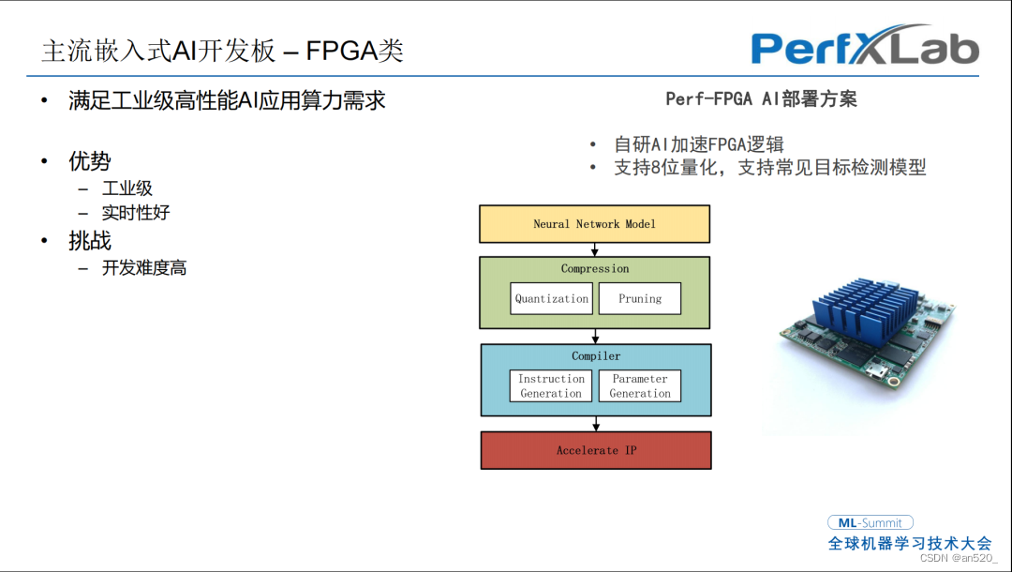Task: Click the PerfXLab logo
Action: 865,46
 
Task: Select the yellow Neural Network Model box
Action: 594,224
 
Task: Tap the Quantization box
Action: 551,298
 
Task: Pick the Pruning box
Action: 640,298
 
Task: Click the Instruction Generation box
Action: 551,386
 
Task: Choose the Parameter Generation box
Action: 640,386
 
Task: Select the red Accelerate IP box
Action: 596,450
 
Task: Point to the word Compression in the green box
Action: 594,268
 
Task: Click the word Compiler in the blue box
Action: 596,355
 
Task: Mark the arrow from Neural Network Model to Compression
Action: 594,249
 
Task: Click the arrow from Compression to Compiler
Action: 595,337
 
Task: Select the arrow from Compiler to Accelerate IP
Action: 596,424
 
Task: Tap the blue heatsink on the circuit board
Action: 866,310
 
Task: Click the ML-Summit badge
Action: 870,523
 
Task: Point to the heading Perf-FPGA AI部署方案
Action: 761,98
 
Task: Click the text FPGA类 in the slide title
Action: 354,51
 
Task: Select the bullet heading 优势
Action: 90,160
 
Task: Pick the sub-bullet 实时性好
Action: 136,213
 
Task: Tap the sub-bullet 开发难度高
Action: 144,267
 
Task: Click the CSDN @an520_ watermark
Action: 959,558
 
